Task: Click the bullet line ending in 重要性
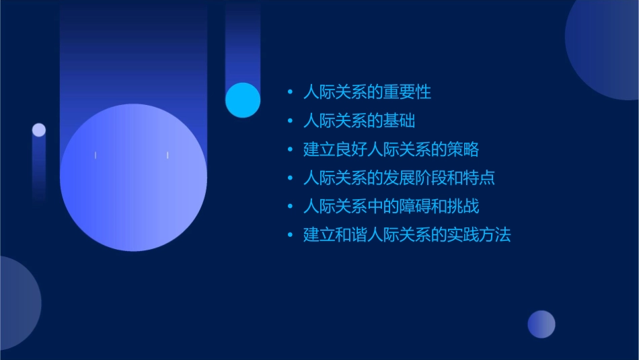coord(367,92)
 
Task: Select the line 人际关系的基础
coord(359,121)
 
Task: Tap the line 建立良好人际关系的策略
coord(391,149)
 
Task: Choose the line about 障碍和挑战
coord(391,207)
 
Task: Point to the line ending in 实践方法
coord(407,236)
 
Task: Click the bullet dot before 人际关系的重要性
coord(290,92)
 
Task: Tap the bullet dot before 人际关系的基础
coord(290,121)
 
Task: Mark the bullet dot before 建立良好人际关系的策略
coord(290,149)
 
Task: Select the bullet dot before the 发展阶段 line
coord(290,178)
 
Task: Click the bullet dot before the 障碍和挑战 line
coord(290,207)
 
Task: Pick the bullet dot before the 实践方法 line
coord(290,236)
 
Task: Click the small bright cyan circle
coord(243,100)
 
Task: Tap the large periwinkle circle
coord(133,178)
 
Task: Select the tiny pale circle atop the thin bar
coord(39,130)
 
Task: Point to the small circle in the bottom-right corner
coord(541,324)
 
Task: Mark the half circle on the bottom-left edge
coord(17,303)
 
